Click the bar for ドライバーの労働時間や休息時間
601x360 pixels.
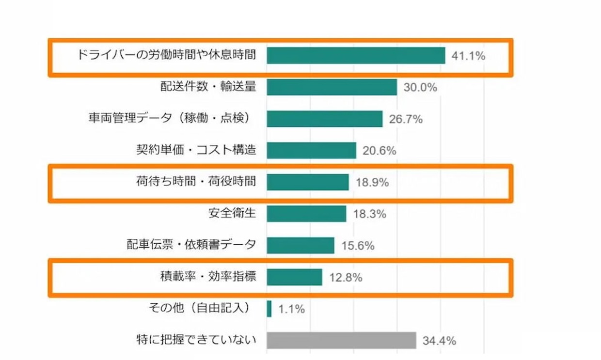pyautogui.click(x=355, y=55)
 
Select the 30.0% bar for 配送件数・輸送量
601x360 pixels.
pyautogui.click(x=332, y=87)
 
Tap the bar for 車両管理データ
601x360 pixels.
pyautogui.click(x=324, y=119)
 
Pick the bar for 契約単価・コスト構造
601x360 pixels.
pyautogui.click(x=311, y=150)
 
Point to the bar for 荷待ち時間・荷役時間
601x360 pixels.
pyautogui.click(x=307, y=182)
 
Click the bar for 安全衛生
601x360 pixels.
pyautogui.click(x=306, y=214)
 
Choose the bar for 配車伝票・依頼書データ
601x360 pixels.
pyautogui.click(x=300, y=245)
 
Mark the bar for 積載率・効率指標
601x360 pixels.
pyautogui.click(x=294, y=277)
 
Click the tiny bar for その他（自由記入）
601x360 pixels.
pyautogui.click(x=269, y=309)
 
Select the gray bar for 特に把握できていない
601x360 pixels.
pyautogui.click(x=341, y=340)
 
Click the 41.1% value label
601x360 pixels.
pyautogui.click(x=468, y=56)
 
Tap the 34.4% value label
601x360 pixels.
pyautogui.click(x=439, y=341)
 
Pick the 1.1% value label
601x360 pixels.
pyautogui.click(x=292, y=309)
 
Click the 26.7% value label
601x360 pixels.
pyautogui.click(x=406, y=119)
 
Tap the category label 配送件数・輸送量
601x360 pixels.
pyautogui.click(x=208, y=87)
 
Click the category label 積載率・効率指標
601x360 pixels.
pyautogui.click(x=208, y=277)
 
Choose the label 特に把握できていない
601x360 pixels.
pyautogui.click(x=196, y=340)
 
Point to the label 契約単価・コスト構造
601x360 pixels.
pyautogui.click(x=196, y=150)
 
